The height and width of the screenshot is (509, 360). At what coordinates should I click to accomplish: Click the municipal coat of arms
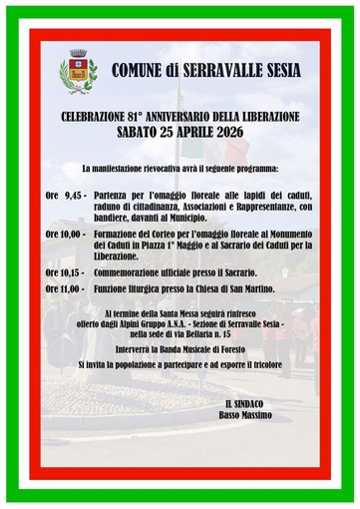pyautogui.click(x=78, y=71)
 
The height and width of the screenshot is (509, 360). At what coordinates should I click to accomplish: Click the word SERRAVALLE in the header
pyautogui.click(x=212, y=71)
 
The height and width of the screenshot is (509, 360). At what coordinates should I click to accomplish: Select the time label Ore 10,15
pyautogui.click(x=66, y=271)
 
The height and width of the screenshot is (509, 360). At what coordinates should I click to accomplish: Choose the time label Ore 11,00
pyautogui.click(x=66, y=289)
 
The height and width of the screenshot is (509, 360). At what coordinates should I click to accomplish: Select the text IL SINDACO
pyautogui.click(x=247, y=402)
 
